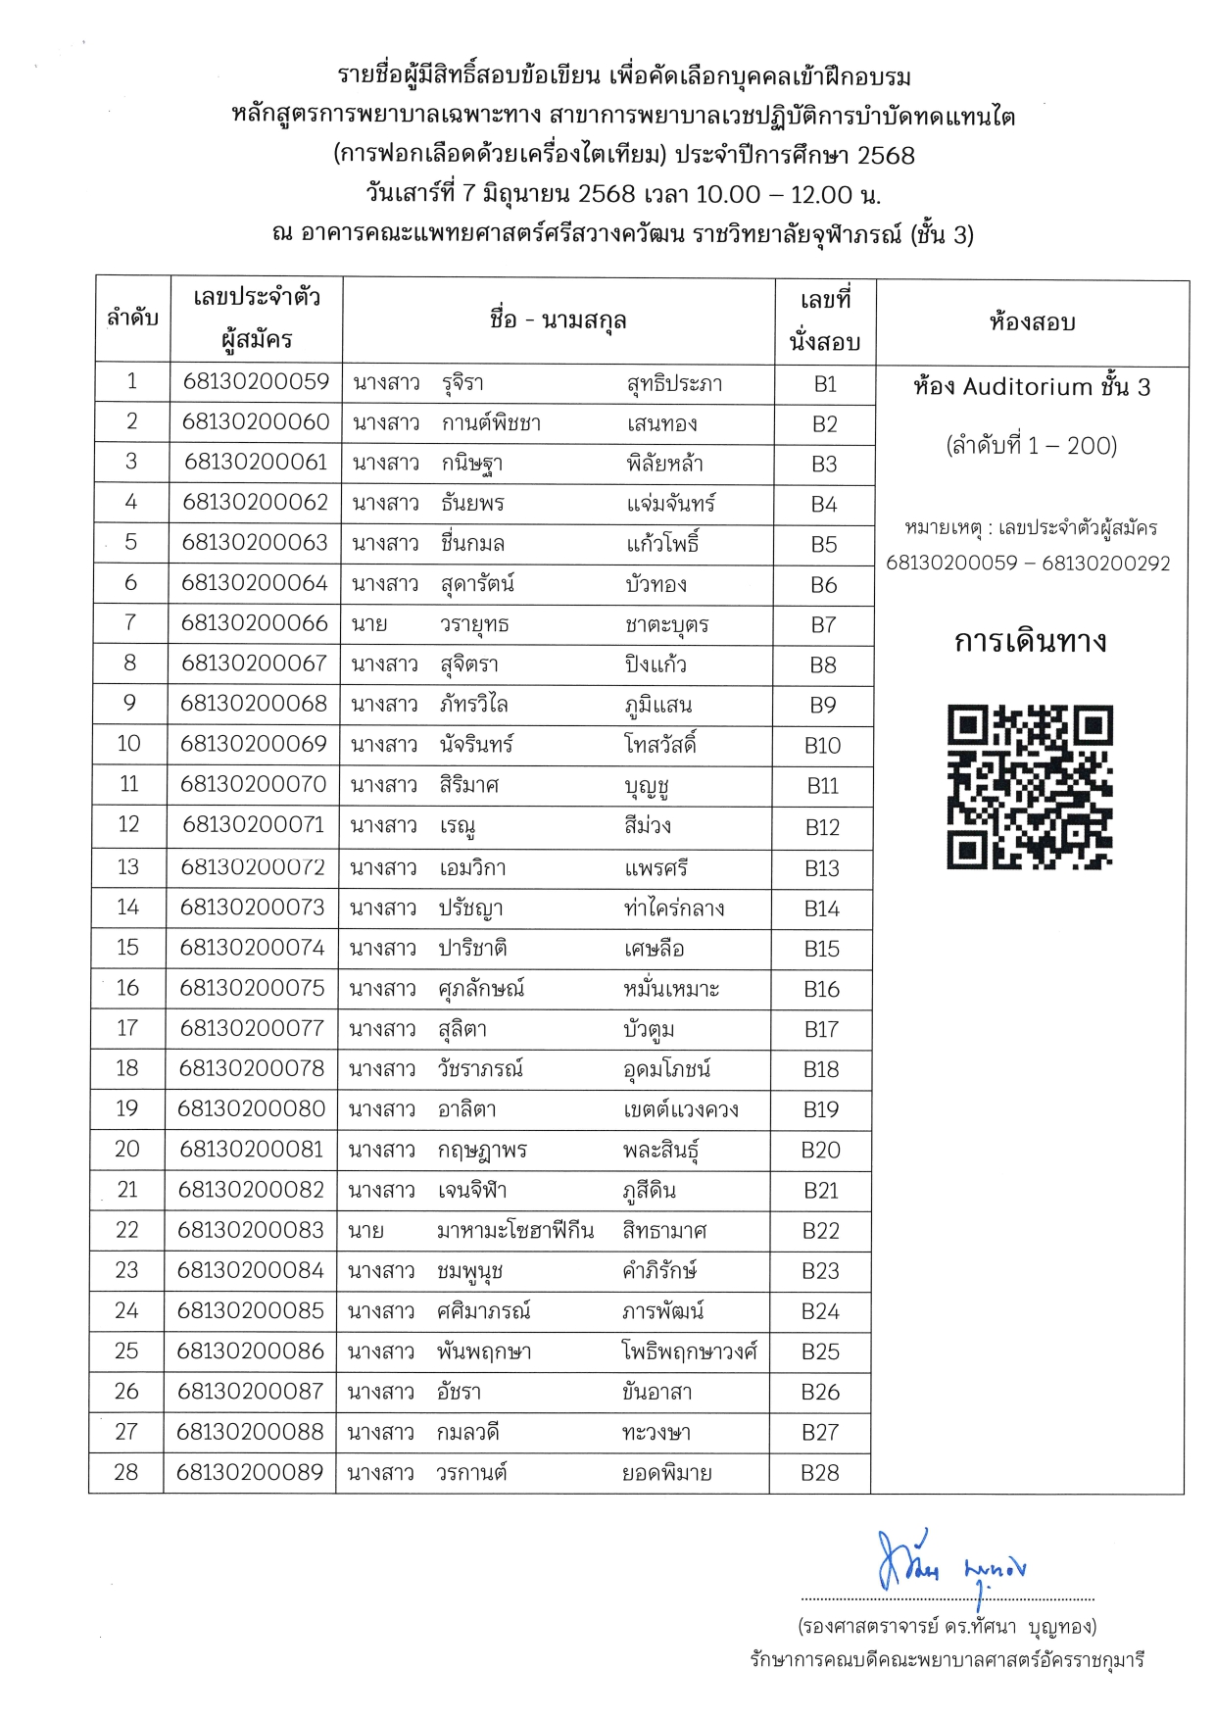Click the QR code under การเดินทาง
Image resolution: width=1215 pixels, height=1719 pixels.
click(x=1030, y=786)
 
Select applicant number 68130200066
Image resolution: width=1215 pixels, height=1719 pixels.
click(x=254, y=623)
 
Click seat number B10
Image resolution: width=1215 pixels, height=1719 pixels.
click(x=822, y=745)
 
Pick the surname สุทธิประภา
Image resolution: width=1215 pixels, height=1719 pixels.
click(x=674, y=383)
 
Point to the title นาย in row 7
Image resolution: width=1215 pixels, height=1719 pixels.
click(x=369, y=624)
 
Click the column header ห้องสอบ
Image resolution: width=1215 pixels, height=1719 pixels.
click(x=1032, y=321)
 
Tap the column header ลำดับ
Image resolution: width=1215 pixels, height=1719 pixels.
click(x=132, y=318)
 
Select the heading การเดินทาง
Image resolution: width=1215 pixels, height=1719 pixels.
click(x=1030, y=642)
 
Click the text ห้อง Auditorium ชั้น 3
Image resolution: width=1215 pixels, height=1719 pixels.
click(x=1031, y=387)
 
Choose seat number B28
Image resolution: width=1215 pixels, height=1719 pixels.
click(x=820, y=1472)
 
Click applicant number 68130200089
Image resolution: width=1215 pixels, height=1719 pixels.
click(x=249, y=1472)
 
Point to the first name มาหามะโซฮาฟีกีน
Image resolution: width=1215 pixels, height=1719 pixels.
click(x=515, y=1231)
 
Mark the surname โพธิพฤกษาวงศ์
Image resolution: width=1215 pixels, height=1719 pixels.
click(x=690, y=1351)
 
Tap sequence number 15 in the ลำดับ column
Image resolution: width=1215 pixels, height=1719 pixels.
click(x=127, y=948)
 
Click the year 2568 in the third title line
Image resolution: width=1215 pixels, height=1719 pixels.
click(x=886, y=155)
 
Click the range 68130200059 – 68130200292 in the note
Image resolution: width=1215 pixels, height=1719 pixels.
click(x=1028, y=564)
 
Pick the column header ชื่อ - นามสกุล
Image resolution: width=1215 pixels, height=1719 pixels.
click(x=558, y=319)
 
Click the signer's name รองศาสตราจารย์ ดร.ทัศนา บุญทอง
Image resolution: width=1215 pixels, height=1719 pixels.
click(x=947, y=1627)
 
